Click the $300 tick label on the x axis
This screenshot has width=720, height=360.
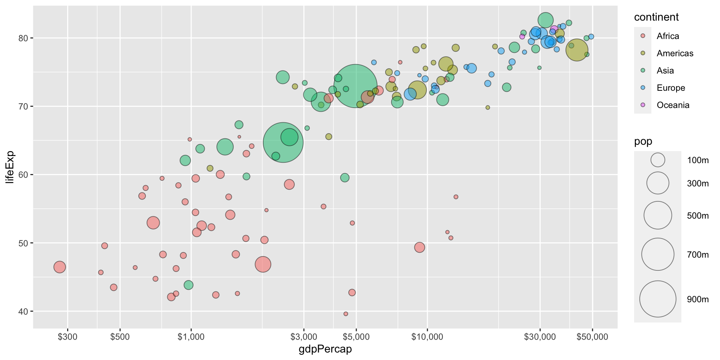click(67, 337)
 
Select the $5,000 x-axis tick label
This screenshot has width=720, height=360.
click(356, 337)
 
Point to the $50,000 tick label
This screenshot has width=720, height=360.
click(592, 337)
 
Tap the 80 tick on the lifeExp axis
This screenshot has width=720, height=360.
click(25, 38)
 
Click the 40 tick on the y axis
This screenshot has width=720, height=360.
click(25, 311)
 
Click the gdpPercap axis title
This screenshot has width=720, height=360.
click(325, 349)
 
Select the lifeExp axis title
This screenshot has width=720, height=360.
click(10, 167)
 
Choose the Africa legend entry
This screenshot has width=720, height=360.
click(667, 36)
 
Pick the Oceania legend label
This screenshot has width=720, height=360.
click(673, 105)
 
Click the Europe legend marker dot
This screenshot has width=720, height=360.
click(643, 88)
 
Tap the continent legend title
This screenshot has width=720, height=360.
click(656, 17)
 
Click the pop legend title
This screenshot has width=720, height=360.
click(643, 141)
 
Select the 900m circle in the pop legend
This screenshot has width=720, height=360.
click(658, 299)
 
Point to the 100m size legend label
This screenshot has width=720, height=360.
click(697, 160)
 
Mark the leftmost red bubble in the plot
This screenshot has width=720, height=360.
click(60, 267)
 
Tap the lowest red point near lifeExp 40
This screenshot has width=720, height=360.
click(346, 314)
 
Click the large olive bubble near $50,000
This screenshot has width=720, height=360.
click(577, 50)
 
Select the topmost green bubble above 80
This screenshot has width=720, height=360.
click(546, 20)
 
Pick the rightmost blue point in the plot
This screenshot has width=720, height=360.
click(591, 37)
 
